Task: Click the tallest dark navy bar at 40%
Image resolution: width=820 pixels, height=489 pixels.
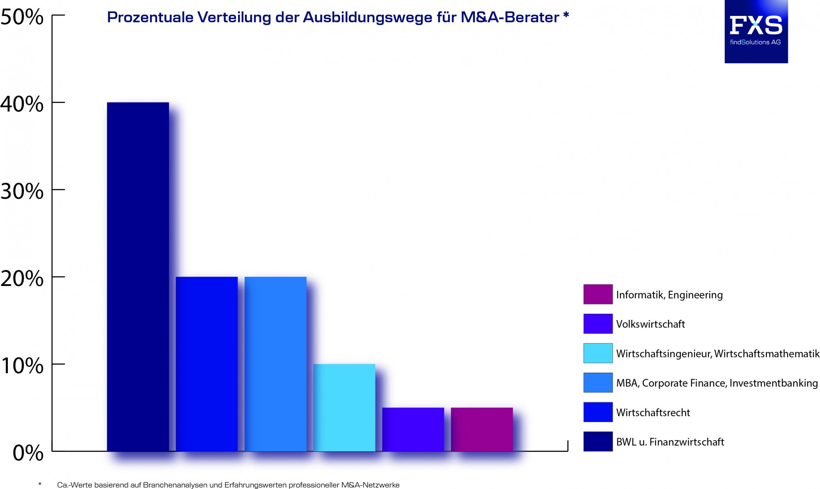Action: (138, 276)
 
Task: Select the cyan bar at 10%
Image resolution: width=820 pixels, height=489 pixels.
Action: (344, 407)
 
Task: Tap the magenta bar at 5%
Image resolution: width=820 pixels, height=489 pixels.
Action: (482, 429)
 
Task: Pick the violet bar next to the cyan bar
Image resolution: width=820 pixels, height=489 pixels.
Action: (413, 429)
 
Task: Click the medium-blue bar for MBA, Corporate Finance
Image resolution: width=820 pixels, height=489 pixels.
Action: (275, 364)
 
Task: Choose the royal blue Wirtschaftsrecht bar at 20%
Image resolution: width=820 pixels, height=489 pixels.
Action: (207, 364)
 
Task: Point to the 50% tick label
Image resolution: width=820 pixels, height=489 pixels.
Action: (22, 17)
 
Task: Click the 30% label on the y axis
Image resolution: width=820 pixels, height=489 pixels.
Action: (22, 191)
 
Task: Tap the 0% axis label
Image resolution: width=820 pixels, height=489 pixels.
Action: (28, 453)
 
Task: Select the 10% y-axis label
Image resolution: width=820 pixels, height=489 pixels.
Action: (22, 366)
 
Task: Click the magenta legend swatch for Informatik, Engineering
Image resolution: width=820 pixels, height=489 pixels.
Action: (598, 294)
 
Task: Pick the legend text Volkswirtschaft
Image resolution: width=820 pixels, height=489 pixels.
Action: (650, 324)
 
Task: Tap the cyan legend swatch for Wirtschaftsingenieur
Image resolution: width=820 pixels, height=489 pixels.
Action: (598, 353)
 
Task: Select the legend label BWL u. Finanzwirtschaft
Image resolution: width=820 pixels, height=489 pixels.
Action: (670, 442)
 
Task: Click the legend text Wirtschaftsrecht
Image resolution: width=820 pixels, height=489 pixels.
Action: (653, 412)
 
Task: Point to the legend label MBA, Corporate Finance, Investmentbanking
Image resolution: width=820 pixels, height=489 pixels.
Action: (717, 383)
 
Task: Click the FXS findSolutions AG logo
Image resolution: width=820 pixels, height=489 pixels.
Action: (756, 32)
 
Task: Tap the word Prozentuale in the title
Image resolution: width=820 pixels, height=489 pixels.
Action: (150, 17)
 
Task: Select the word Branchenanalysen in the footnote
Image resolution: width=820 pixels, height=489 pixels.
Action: (175, 485)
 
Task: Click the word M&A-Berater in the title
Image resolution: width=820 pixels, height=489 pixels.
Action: (510, 17)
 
